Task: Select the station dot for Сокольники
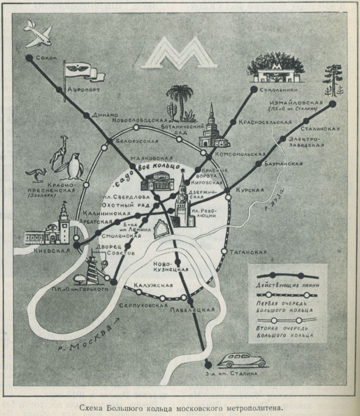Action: tap(255, 89)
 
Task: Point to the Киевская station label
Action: tap(51, 250)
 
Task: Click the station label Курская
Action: tap(249, 190)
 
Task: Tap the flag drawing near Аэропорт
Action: tap(79, 71)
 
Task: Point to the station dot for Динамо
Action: tap(85, 114)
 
